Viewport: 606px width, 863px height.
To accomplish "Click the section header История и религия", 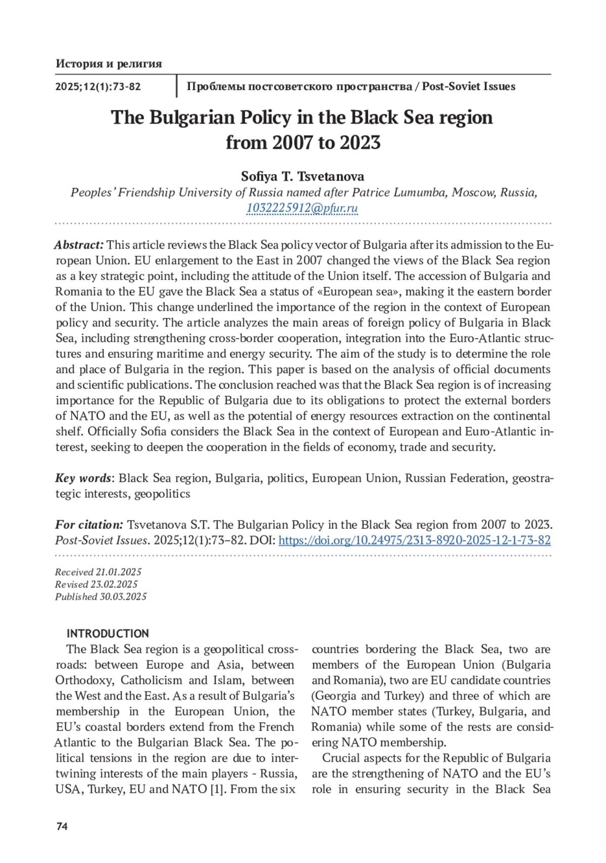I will (x=109, y=64).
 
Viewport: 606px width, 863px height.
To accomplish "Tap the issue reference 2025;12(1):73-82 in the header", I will (x=98, y=86).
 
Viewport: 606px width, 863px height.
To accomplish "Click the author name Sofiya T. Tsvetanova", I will (x=302, y=176).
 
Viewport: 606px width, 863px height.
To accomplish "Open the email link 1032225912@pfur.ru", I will (x=302, y=208).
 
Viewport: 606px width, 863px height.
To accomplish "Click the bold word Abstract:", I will (x=79, y=245).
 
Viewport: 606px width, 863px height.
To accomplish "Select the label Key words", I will (x=83, y=478).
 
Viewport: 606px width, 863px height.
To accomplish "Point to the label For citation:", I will (x=89, y=524).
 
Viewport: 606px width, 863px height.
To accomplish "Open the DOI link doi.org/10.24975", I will (x=414, y=540).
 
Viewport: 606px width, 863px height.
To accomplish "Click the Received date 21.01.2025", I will (x=119, y=572).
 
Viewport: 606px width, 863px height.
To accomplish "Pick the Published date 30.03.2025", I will (x=123, y=597).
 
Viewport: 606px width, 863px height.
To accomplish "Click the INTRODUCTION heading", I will (x=108, y=633).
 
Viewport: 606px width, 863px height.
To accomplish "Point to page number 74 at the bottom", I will (x=62, y=826).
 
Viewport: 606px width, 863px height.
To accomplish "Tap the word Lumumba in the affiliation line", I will (x=418, y=192).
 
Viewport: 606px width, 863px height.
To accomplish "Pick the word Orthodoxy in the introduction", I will (x=84, y=680).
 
